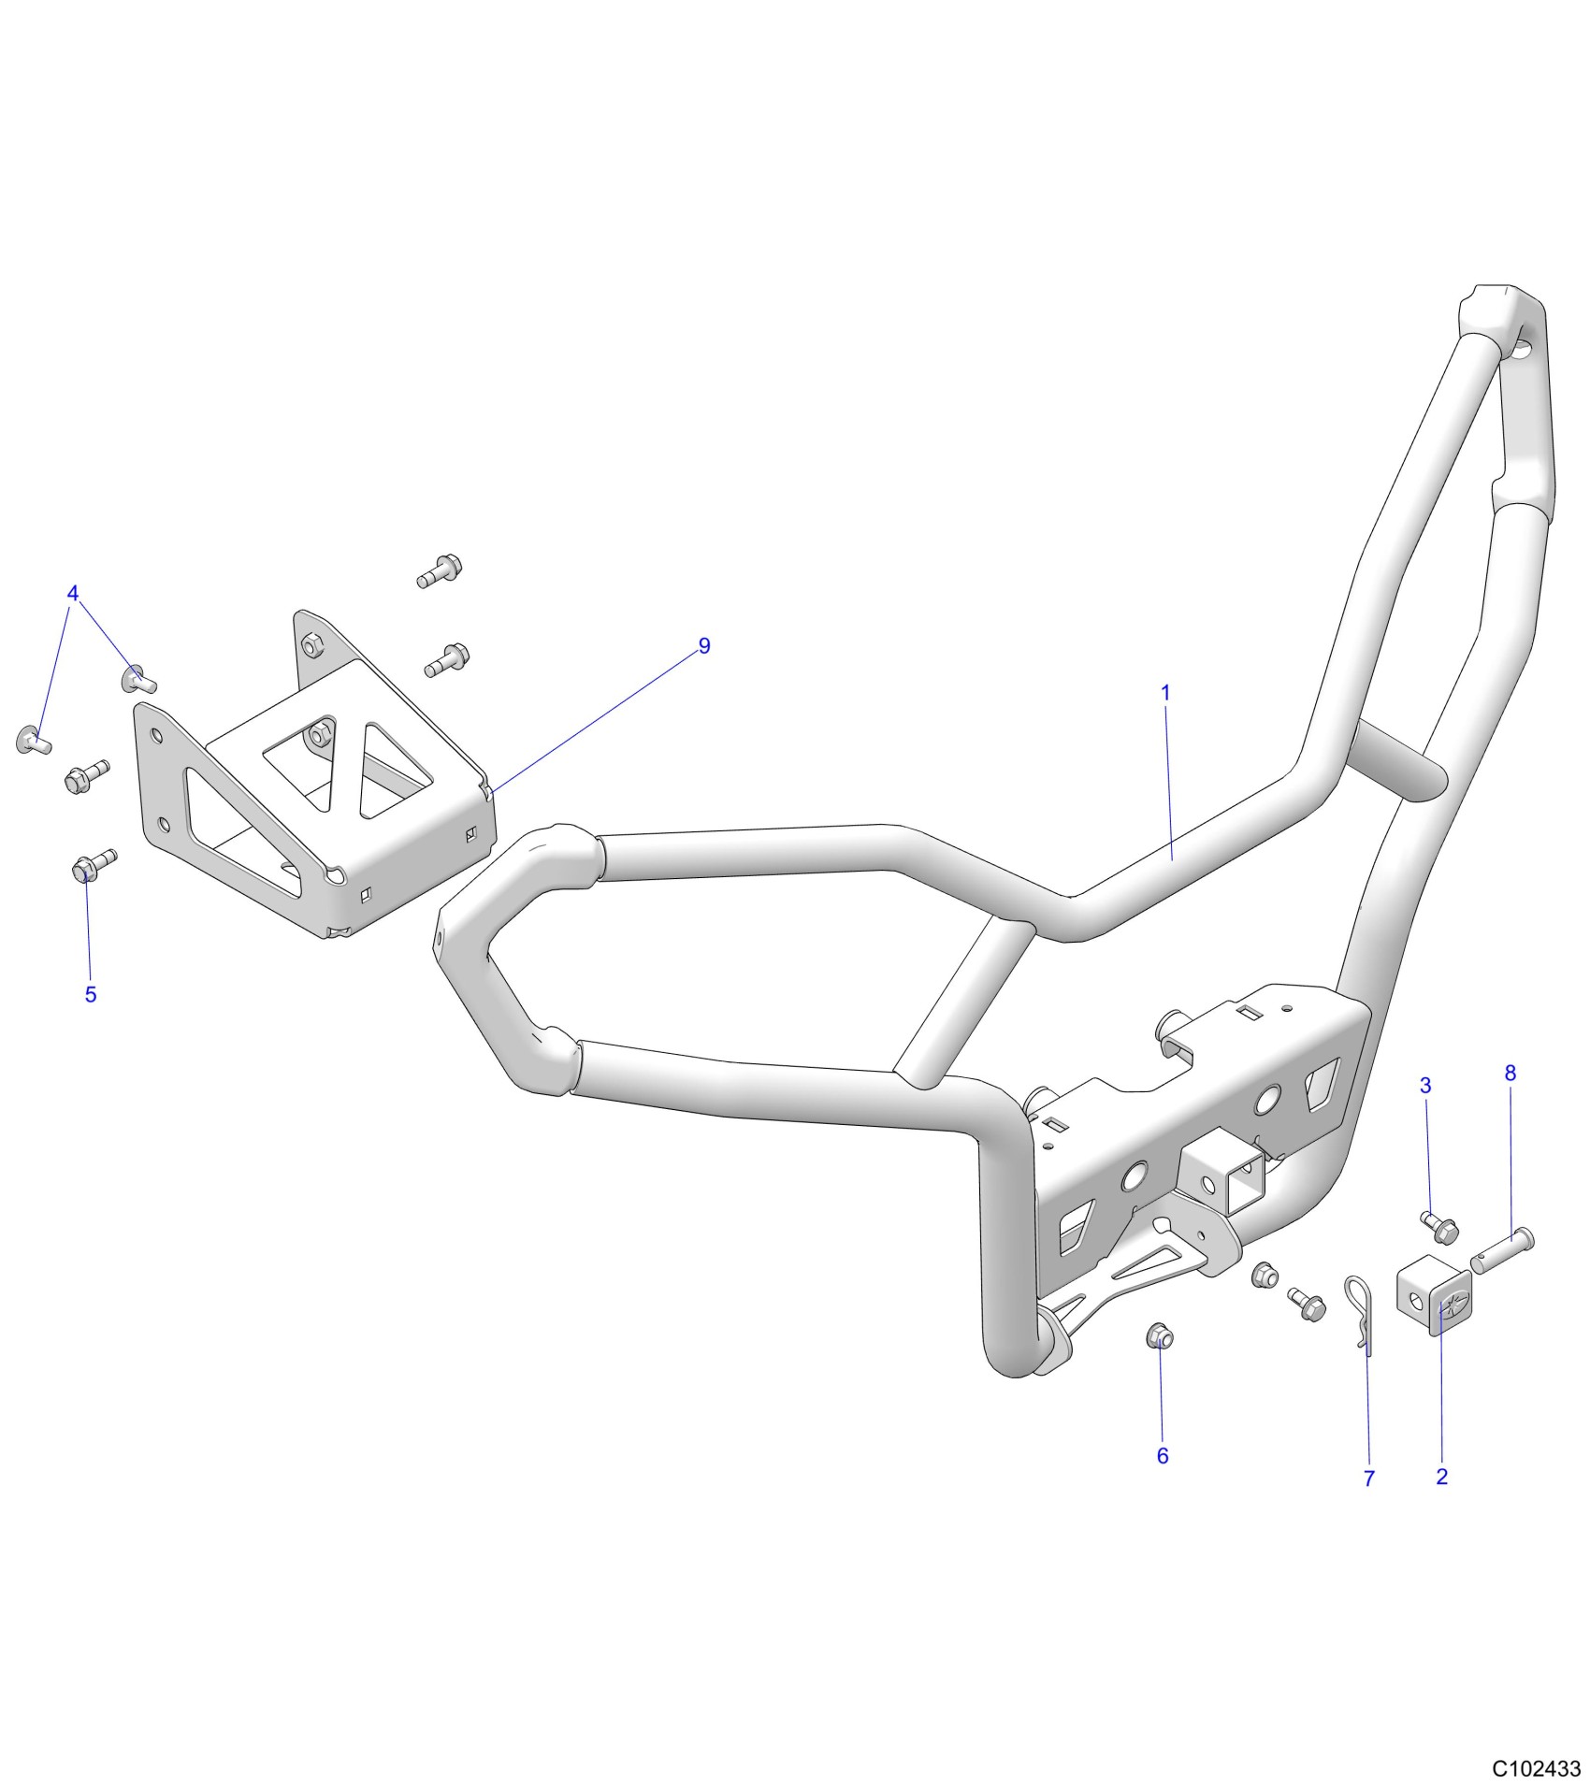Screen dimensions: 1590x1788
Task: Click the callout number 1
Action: tap(1165, 693)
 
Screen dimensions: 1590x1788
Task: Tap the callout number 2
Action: tap(1441, 1477)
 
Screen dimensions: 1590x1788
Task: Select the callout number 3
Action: tap(1425, 1086)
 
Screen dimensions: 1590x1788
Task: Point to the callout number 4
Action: tap(73, 593)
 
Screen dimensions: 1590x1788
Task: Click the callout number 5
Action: tap(91, 994)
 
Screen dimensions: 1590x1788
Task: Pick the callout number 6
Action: tap(1163, 1456)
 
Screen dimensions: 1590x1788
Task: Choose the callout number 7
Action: tap(1369, 1478)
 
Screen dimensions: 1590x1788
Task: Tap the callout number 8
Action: tap(1510, 1074)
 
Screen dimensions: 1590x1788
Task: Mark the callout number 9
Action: tap(704, 645)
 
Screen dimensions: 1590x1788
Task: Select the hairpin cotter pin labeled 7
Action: tap(1359, 1310)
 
